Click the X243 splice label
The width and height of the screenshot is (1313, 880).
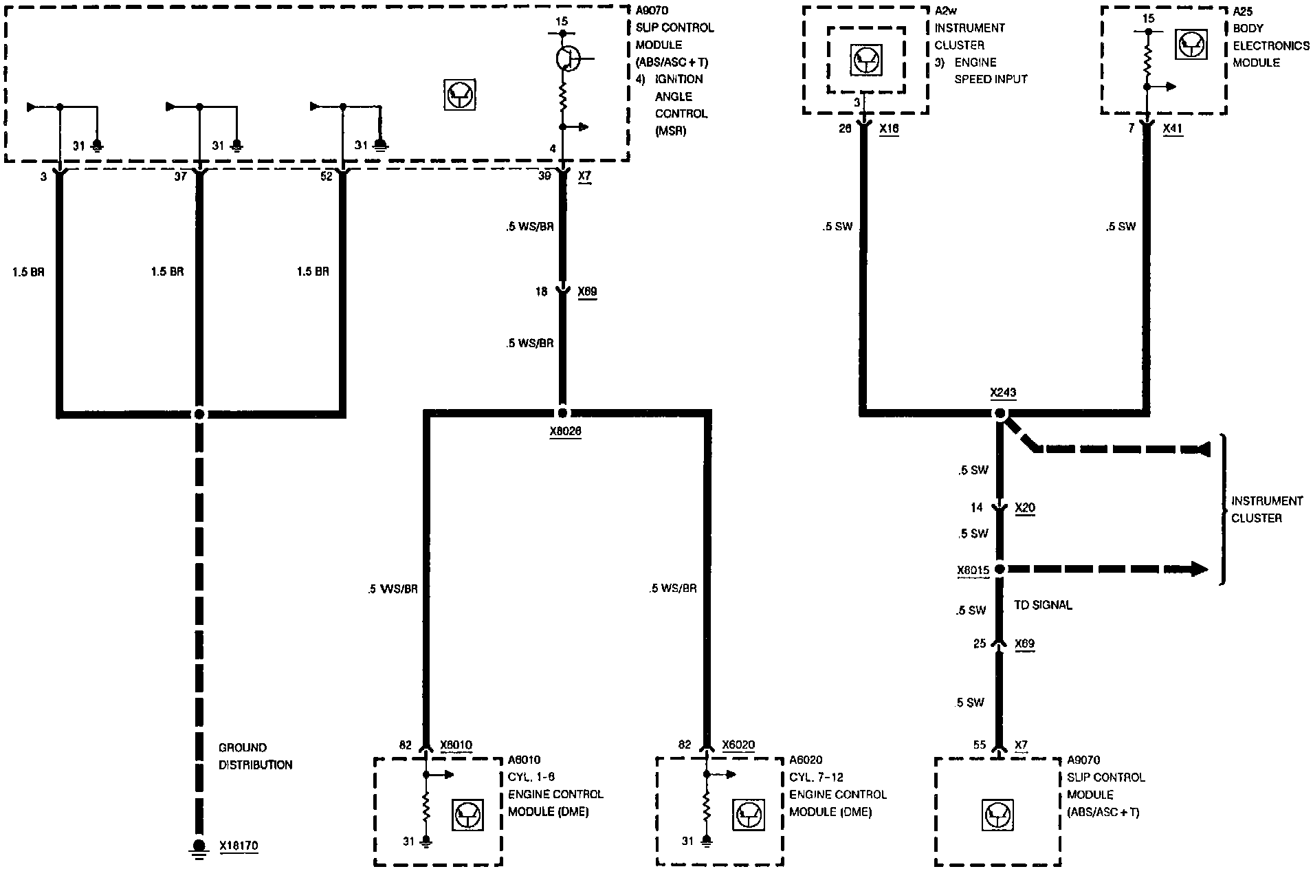[1003, 393]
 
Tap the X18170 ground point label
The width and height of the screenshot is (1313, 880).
[239, 846]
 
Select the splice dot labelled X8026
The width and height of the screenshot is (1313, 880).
[562, 413]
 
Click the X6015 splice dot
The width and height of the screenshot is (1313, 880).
[1000, 569]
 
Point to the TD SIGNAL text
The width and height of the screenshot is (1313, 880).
[1043, 605]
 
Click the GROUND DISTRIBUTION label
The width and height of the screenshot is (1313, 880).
[255, 756]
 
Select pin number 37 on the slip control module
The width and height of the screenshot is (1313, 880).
[180, 177]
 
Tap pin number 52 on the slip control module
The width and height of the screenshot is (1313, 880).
[326, 177]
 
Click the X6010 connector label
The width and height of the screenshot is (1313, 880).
[456, 745]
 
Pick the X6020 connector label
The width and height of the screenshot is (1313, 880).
[738, 745]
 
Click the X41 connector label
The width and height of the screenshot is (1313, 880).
[1173, 129]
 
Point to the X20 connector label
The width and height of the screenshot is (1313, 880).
[1025, 508]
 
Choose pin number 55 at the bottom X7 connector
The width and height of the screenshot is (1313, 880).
[980, 745]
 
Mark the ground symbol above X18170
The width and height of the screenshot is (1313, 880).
[199, 848]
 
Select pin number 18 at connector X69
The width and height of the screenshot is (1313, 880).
[542, 291]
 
